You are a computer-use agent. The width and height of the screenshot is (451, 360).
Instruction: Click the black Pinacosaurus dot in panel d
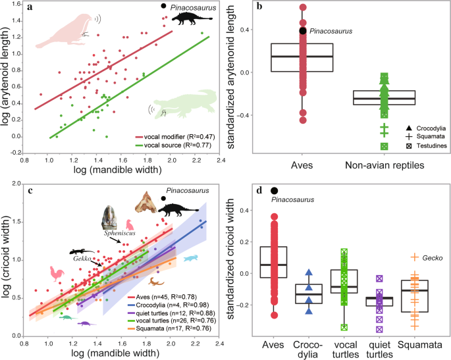pyautogui.click(x=274, y=190)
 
